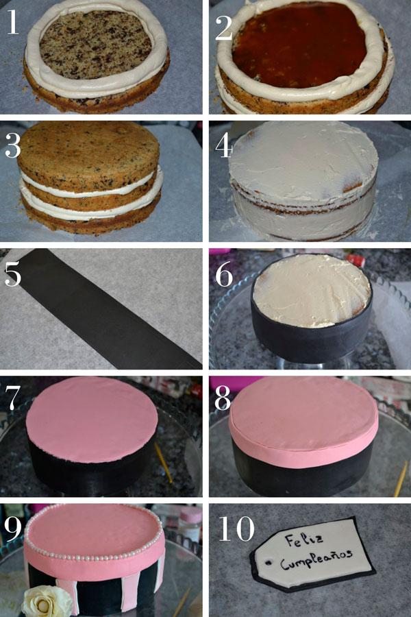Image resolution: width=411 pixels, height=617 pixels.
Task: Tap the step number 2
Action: (224, 25)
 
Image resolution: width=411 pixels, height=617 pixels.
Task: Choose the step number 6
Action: (224, 273)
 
